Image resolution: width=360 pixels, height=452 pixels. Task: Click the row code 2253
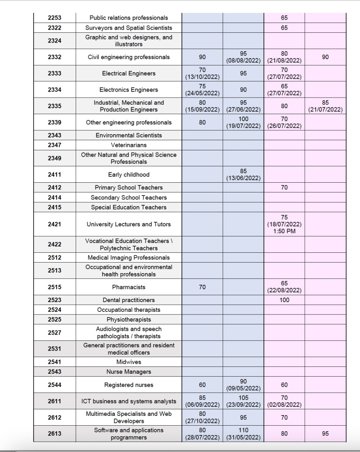tap(54, 18)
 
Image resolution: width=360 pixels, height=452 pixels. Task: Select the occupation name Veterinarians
tap(128, 145)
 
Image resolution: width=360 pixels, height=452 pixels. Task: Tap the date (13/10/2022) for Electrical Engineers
tap(202, 77)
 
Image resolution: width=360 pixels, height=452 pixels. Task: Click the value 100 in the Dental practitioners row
tap(284, 300)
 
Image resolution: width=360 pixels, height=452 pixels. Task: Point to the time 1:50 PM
tap(284, 231)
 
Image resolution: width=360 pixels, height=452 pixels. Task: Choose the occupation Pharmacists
tap(128, 287)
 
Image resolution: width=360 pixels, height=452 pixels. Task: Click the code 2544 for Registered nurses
tap(54, 385)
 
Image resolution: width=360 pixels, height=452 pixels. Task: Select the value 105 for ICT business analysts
tap(243, 398)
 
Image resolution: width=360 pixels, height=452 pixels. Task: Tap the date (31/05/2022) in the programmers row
tap(243, 437)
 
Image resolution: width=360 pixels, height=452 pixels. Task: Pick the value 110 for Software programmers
tap(243, 430)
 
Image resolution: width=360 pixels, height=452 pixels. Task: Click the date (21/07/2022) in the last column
tap(325, 110)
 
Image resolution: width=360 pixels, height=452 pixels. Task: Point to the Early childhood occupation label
tap(128, 175)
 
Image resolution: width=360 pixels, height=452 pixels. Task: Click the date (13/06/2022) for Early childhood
tap(243, 178)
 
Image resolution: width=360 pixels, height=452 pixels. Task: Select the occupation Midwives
tap(128, 362)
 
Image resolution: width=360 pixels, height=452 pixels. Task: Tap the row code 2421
tap(54, 224)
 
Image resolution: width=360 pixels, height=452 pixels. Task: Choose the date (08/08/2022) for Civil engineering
tap(243, 61)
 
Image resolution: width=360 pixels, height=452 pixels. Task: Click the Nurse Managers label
tap(128, 372)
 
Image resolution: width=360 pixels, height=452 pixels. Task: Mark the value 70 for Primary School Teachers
tap(284, 187)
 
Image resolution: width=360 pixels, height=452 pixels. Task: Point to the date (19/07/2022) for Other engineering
tap(243, 126)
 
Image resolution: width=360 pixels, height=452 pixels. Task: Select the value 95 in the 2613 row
tap(325, 434)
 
